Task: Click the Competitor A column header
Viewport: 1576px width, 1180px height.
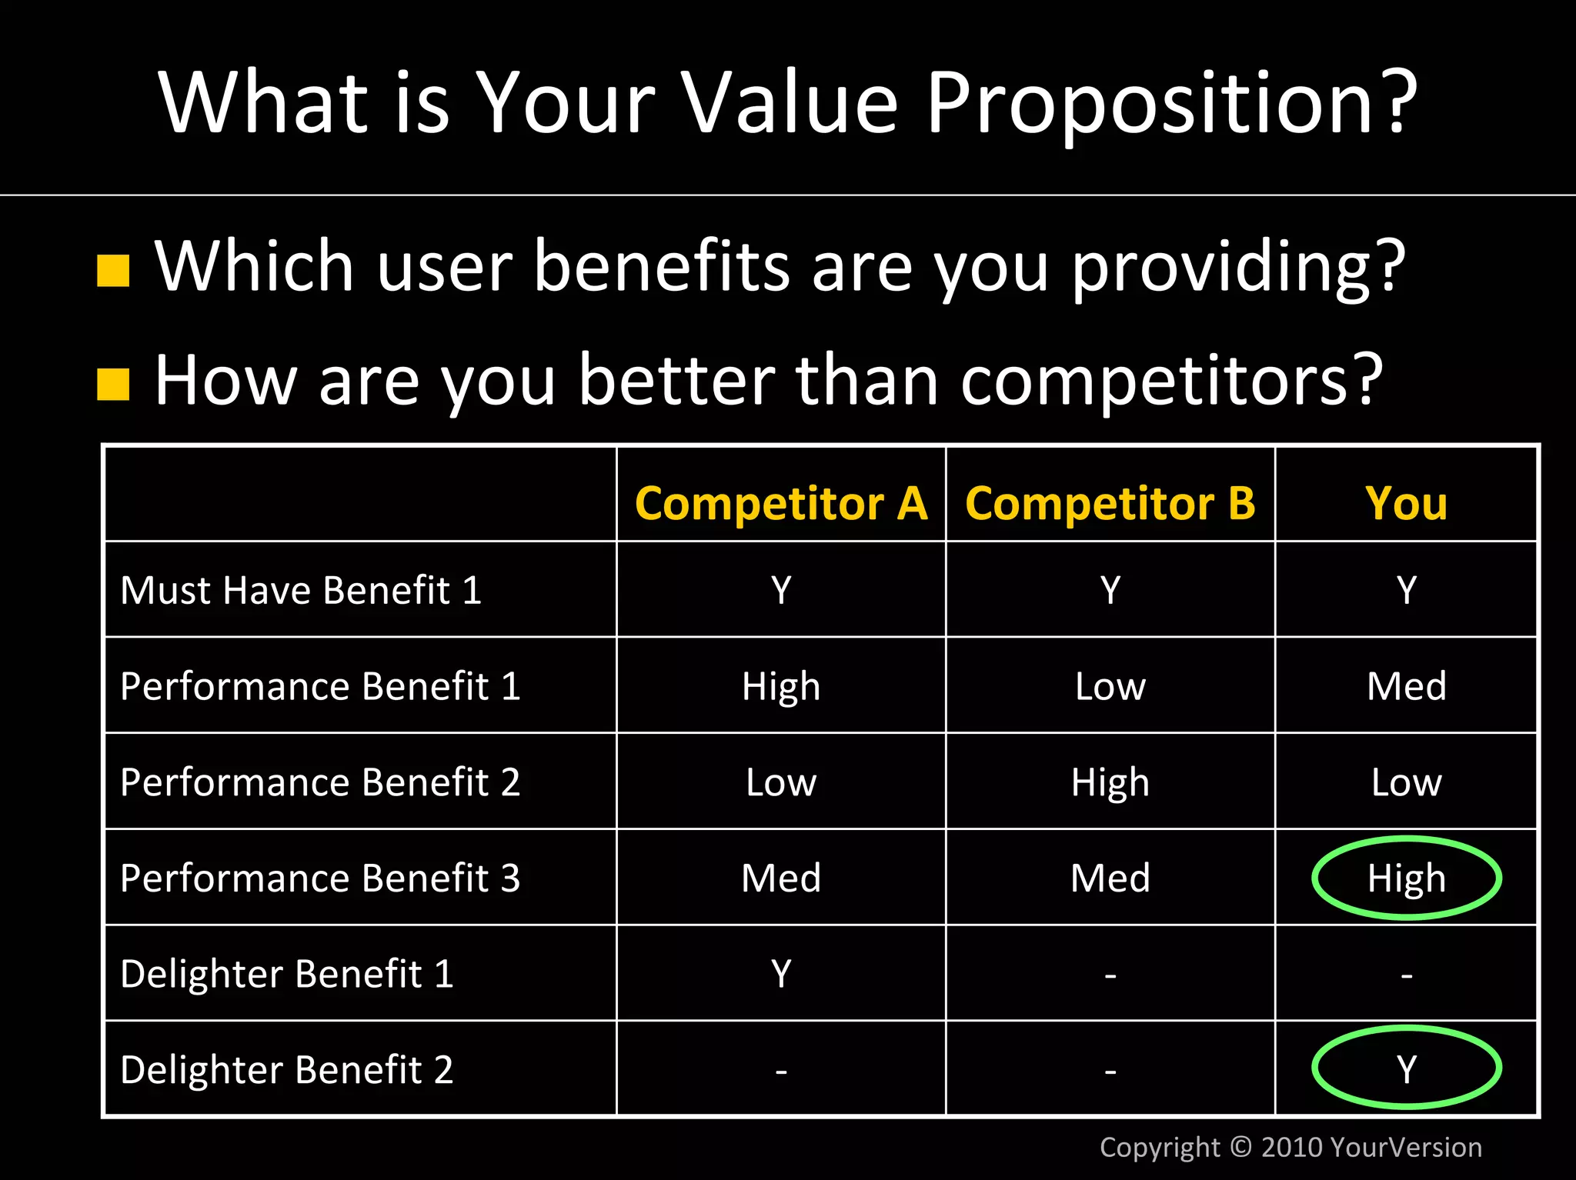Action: [781, 504]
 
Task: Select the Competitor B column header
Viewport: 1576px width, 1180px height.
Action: [1110, 504]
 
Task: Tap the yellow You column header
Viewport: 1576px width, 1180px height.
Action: [1406, 504]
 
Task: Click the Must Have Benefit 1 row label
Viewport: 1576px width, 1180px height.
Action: [301, 591]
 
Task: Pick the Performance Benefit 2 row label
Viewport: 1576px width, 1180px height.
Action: [320, 782]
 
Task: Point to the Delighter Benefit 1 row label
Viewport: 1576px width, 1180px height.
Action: [287, 974]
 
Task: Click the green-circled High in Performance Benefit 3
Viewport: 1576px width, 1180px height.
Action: [1406, 878]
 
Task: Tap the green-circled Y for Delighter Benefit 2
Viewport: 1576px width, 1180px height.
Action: [1406, 1069]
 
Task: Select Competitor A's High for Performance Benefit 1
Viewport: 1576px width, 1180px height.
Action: [781, 686]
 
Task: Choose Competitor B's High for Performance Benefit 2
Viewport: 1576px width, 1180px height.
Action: [1110, 782]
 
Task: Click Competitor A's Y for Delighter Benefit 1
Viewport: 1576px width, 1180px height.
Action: [781, 974]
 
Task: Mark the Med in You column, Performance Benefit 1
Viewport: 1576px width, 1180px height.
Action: [1406, 686]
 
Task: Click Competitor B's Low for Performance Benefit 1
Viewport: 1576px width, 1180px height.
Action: [1110, 686]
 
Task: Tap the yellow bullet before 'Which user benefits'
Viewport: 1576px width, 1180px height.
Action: [113, 271]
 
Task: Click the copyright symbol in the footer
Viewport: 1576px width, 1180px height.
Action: [1240, 1147]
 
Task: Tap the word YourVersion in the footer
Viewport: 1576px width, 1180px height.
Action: [1405, 1147]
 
